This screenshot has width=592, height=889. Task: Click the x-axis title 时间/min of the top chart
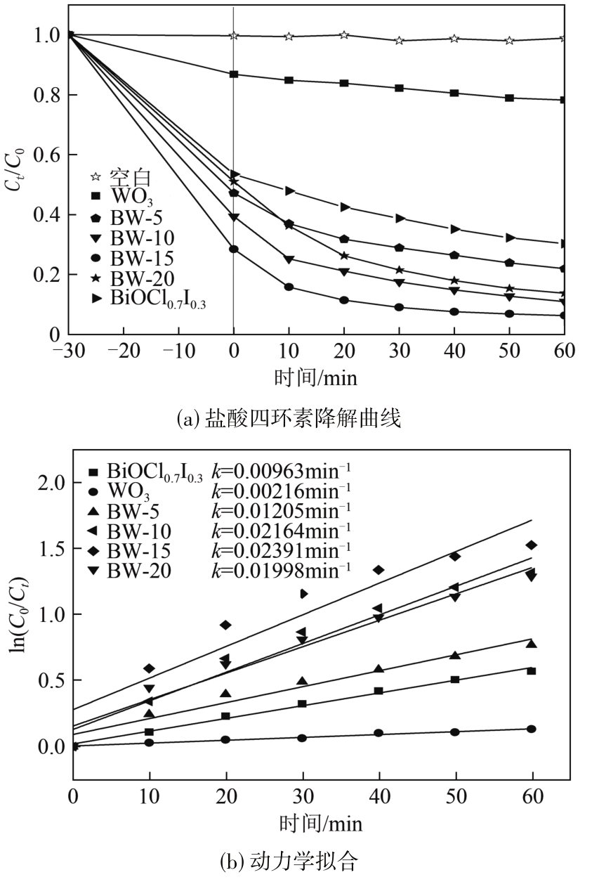[315, 378]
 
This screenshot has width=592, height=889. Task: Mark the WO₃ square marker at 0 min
[234, 74]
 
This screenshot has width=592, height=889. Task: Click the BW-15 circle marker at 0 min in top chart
[234, 249]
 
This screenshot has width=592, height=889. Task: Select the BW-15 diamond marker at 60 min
[532, 545]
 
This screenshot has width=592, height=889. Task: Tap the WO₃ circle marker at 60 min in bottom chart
[532, 729]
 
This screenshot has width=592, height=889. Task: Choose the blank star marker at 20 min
[344, 35]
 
